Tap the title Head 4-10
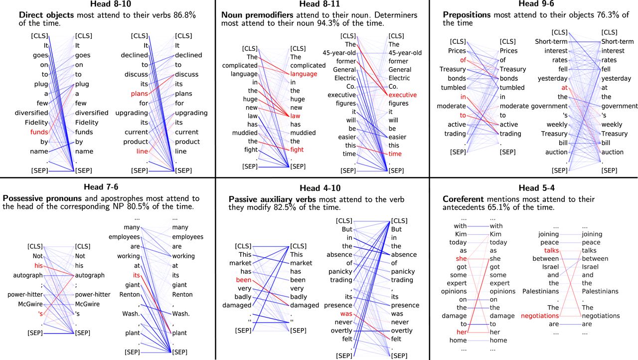[x=321, y=188]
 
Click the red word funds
[x=39, y=132]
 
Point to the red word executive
[x=402, y=95]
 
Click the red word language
[x=304, y=74]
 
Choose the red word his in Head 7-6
[x=39, y=265]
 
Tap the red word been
[x=244, y=280]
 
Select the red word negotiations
[x=540, y=316]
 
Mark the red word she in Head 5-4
[x=461, y=259]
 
